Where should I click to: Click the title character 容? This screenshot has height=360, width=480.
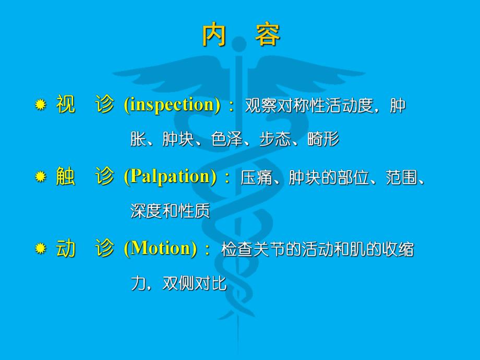[268, 35]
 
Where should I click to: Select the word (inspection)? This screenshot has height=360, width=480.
[172, 105]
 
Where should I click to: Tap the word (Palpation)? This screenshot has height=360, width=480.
[170, 177]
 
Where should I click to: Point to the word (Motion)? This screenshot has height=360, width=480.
[160, 248]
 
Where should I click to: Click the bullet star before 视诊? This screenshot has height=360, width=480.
[40, 106]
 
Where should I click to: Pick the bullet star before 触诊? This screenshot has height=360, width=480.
[40, 177]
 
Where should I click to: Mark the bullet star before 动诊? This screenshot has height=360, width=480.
[40, 249]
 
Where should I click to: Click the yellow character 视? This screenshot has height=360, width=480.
[66, 105]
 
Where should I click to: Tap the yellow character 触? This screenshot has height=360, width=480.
[66, 177]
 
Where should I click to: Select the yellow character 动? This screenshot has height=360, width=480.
[66, 248]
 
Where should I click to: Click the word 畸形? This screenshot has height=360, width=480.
[323, 139]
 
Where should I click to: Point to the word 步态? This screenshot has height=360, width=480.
[275, 139]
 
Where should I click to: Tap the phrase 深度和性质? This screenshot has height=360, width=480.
[170, 211]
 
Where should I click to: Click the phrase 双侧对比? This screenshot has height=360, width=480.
[195, 283]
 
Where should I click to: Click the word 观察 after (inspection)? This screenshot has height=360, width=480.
[261, 106]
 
